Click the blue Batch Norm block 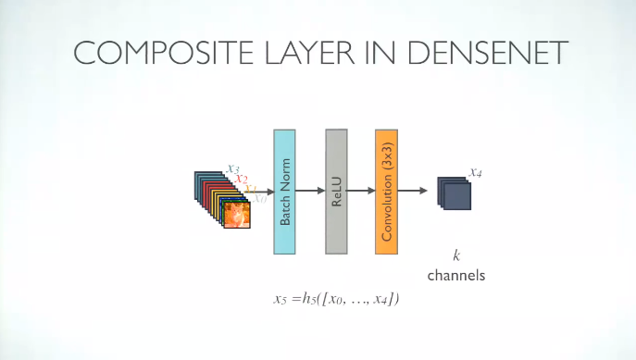tap(285, 192)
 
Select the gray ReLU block tap(335, 192)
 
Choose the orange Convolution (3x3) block tap(386, 192)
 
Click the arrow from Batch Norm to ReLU tap(310, 192)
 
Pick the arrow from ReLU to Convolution tap(361, 192)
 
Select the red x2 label tap(241, 178)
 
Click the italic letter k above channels tap(455, 254)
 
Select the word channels tap(455, 275)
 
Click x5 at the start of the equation tap(281, 299)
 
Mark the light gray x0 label tap(261, 197)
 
